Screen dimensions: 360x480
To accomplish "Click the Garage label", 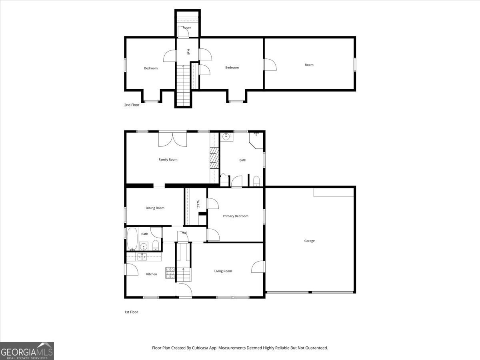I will tap(309, 241).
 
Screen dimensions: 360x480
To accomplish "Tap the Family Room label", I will tap(168, 160).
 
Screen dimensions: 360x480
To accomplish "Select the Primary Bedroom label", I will tap(235, 216).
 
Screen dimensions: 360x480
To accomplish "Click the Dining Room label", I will tap(155, 208).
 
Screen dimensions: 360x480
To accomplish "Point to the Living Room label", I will tap(223, 271).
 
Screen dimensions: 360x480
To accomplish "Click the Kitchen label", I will tap(151, 274).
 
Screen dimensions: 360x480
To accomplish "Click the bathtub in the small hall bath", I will tap(132, 239).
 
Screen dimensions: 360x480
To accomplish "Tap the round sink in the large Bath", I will tap(226, 137).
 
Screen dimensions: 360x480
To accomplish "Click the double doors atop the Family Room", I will tap(173, 139).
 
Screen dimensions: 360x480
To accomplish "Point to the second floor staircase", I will tap(183, 86).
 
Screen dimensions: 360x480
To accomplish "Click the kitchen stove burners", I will tap(170, 273).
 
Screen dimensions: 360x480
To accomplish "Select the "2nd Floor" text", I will tap(132, 105).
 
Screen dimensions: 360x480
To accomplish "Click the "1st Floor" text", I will tap(131, 312).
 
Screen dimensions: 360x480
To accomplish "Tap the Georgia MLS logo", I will tap(27, 351).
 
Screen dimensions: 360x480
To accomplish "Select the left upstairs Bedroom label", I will tap(151, 68).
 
